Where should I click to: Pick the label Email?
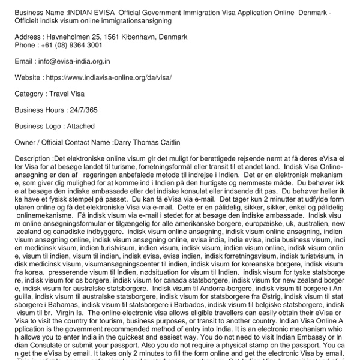click(x=24, y=61)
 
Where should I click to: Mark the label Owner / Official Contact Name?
click(x=61, y=142)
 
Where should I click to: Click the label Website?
click(x=28, y=77)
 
